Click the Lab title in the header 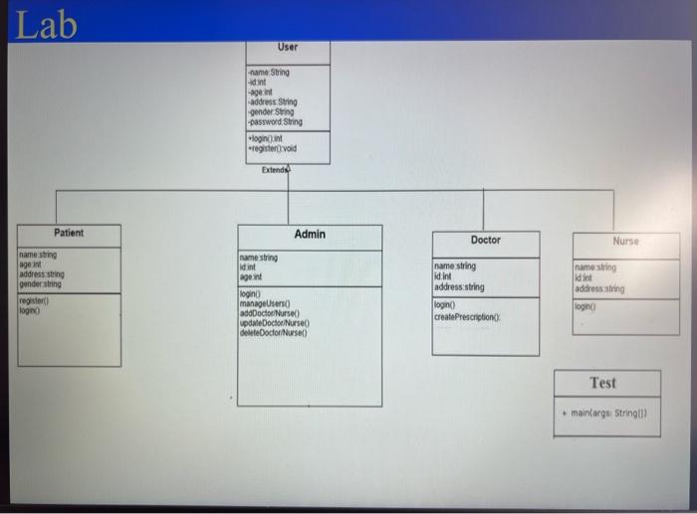46,24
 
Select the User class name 288,47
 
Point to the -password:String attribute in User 272,121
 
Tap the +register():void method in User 273,148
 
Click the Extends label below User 276,170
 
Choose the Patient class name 69,233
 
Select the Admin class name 310,234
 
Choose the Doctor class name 486,241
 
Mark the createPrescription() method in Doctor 466,316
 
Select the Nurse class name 626,242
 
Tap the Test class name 602,383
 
